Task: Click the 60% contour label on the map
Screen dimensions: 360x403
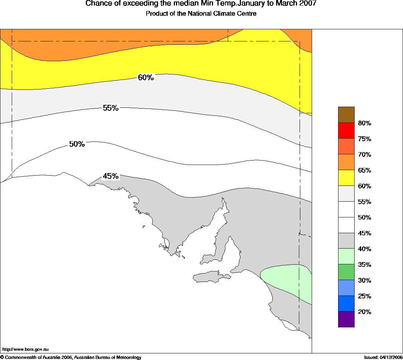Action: coord(146,78)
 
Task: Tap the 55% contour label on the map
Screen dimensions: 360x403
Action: coord(110,108)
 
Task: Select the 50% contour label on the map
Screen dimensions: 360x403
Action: coord(77,144)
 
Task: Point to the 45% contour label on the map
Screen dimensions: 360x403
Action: coord(110,176)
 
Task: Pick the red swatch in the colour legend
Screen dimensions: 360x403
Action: coord(346,131)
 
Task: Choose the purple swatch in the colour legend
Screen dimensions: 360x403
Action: coord(346,319)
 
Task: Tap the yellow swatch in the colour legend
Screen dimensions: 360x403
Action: coord(346,178)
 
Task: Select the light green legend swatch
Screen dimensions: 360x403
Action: coord(346,256)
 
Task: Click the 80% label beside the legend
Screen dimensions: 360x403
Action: coord(364,123)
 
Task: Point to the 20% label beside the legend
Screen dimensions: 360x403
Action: coord(364,312)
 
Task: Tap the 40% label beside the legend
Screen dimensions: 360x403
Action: coord(364,249)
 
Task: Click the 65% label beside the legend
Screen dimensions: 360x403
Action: coord(364,170)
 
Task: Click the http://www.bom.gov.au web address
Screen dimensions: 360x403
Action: coord(26,350)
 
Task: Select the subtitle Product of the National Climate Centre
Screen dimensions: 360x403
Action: coord(201,14)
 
